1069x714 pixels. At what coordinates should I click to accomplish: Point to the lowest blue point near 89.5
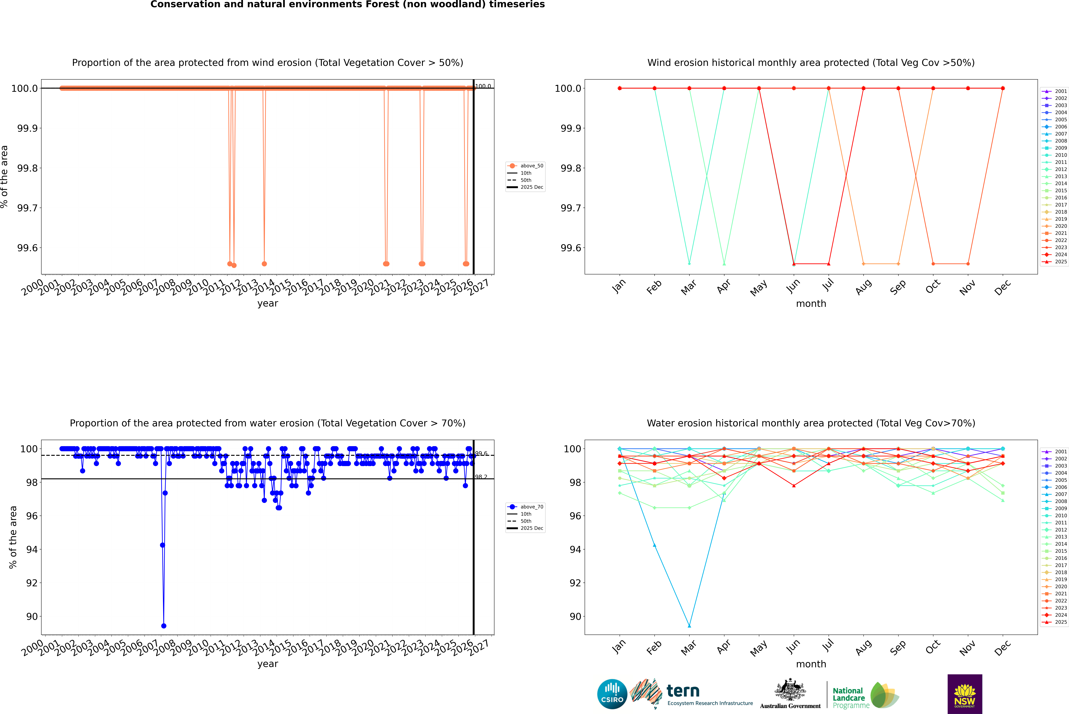point(164,626)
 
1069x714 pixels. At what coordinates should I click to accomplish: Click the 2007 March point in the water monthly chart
point(689,626)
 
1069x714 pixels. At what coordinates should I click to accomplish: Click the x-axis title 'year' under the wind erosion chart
point(267,303)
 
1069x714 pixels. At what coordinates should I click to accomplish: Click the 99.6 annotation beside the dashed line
point(481,454)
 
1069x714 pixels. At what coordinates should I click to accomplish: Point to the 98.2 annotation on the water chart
point(481,477)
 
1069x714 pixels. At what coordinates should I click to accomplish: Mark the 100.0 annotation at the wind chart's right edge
point(483,86)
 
